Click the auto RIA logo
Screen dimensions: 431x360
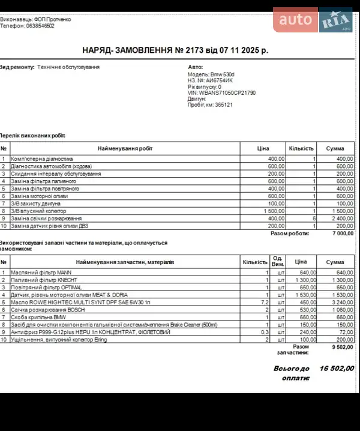pyautogui.click(x=313, y=20)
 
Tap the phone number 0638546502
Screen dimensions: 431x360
pyautogui.click(x=37, y=26)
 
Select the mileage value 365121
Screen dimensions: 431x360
pyautogui.click(x=221, y=104)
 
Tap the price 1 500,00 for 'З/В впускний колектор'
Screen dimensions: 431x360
pyautogui.click(x=273, y=211)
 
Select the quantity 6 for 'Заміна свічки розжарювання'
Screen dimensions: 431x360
pyautogui.click(x=314, y=219)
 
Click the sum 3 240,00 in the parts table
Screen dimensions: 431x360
pyautogui.click(x=340, y=303)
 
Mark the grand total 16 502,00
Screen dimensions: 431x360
pyautogui.click(x=337, y=369)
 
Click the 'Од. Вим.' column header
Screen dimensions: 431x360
pyautogui.click(x=277, y=262)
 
